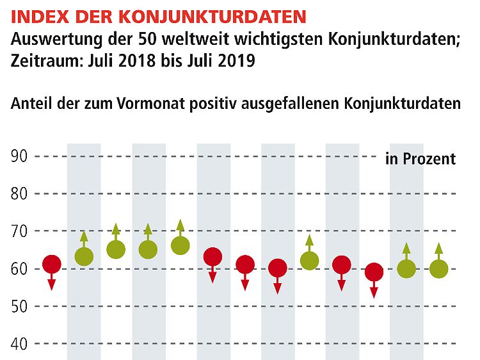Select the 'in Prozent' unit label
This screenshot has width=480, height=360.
[420, 158]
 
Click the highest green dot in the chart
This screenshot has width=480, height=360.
[180, 245]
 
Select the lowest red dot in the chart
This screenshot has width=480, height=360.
[374, 272]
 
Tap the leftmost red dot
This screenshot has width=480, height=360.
[52, 264]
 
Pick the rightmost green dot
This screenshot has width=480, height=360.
[438, 268]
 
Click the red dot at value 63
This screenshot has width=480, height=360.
[212, 257]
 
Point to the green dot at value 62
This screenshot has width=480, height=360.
[309, 261]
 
